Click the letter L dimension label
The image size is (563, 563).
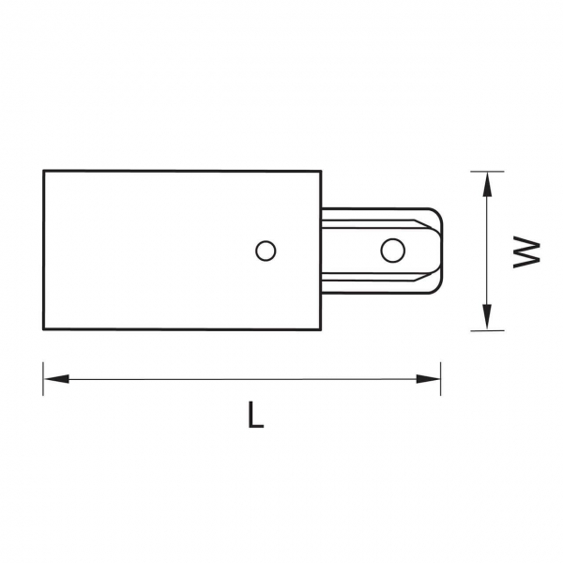click(255, 415)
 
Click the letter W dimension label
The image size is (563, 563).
click(526, 251)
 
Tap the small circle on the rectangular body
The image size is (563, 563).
click(266, 251)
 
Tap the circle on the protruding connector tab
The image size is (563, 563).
click(393, 251)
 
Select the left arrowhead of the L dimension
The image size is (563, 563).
click(56, 379)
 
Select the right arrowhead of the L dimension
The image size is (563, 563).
click(428, 379)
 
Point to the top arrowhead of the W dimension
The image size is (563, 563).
click(487, 184)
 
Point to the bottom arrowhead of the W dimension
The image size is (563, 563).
click(487, 317)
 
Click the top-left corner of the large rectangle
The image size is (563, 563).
click(43, 171)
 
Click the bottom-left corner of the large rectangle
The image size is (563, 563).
click(43, 329)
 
